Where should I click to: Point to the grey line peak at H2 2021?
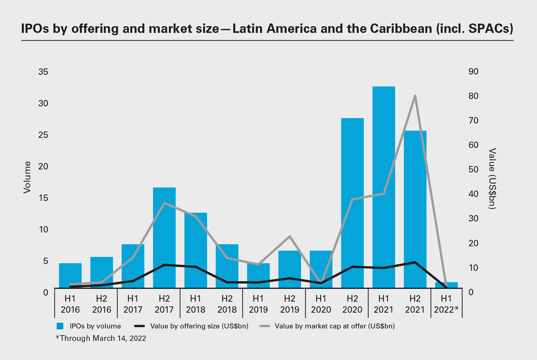pos(415,96)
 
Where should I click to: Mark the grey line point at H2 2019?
pos(290,236)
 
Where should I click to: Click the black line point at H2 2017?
pos(164,265)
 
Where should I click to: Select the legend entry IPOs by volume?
pos(89,326)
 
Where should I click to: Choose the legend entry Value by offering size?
pos(191,326)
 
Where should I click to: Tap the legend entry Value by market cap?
pos(327,326)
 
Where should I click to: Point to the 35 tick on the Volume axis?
pos(43,72)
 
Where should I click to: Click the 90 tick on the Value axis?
pos(474,71)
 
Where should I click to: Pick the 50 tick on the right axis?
pos(474,169)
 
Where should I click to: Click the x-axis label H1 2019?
pos(258,304)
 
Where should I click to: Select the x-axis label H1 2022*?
pos(446,304)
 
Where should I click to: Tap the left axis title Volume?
pos(27,177)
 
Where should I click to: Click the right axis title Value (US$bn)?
pos(492,178)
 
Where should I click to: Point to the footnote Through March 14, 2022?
pos(101,338)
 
